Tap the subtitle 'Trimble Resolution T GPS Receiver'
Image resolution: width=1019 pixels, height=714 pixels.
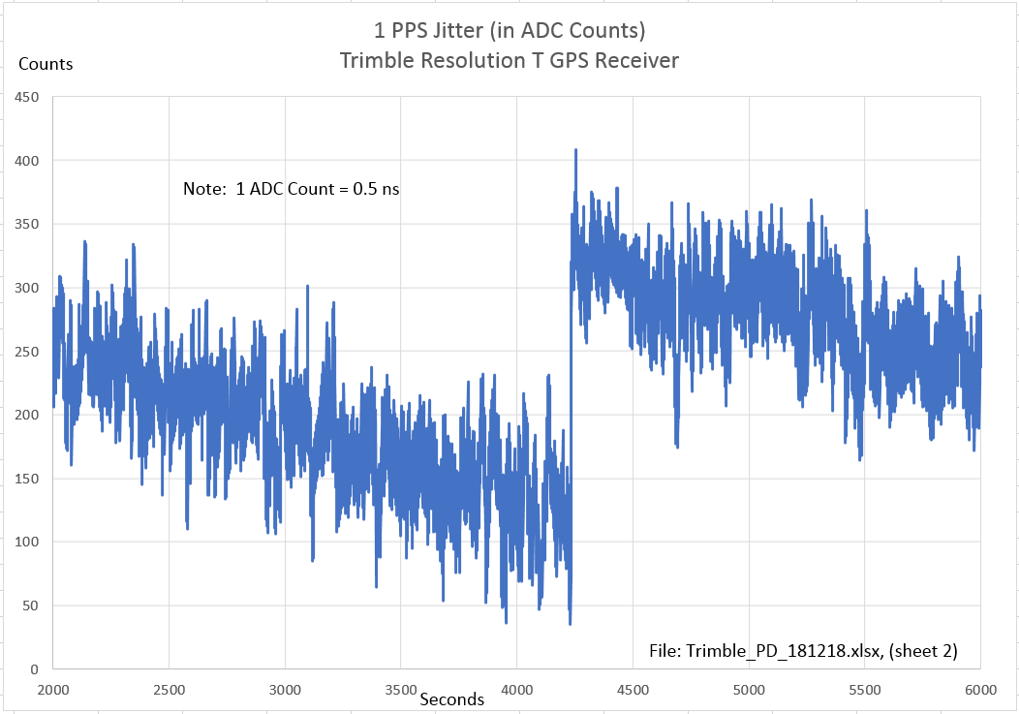pyautogui.click(x=509, y=60)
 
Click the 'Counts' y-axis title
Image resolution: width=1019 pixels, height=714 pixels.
pyautogui.click(x=46, y=64)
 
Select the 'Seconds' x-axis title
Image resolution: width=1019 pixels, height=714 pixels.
pyautogui.click(x=452, y=698)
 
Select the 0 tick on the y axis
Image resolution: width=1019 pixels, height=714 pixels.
pyautogui.click(x=33, y=669)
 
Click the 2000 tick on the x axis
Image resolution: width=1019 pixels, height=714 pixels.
pyautogui.click(x=52, y=690)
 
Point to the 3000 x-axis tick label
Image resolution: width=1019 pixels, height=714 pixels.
pyautogui.click(x=285, y=690)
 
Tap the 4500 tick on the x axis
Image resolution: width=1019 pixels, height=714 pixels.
pyautogui.click(x=633, y=690)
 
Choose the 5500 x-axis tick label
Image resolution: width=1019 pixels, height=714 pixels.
pyautogui.click(x=865, y=690)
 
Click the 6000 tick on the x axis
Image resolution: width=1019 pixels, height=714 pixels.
pyautogui.click(x=980, y=690)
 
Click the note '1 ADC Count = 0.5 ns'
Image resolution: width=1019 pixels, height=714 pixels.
pyautogui.click(x=318, y=189)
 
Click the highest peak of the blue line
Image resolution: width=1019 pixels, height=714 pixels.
pyautogui.click(x=575, y=150)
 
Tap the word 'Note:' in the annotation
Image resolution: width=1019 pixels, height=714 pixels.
pyautogui.click(x=204, y=189)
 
